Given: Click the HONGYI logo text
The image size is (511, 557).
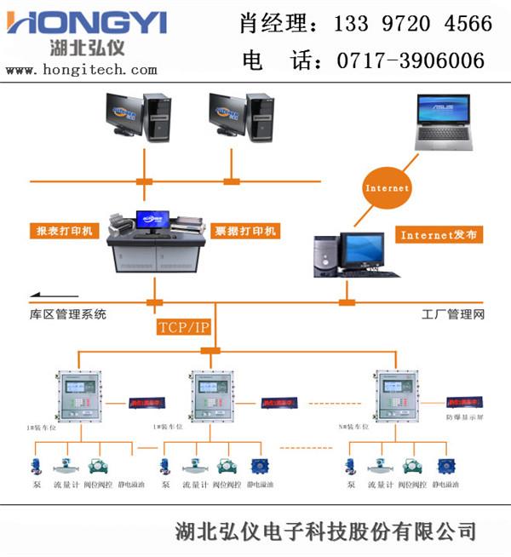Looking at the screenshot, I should click(x=86, y=21).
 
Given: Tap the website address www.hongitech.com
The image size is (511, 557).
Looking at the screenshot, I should click(x=82, y=70).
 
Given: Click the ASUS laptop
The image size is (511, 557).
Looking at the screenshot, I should click(x=442, y=123).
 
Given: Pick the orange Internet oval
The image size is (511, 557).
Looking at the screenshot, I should click(x=387, y=187).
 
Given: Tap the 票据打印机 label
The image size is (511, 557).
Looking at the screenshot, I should click(x=244, y=231).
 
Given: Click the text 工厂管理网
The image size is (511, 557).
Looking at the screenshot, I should click(x=452, y=314).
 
